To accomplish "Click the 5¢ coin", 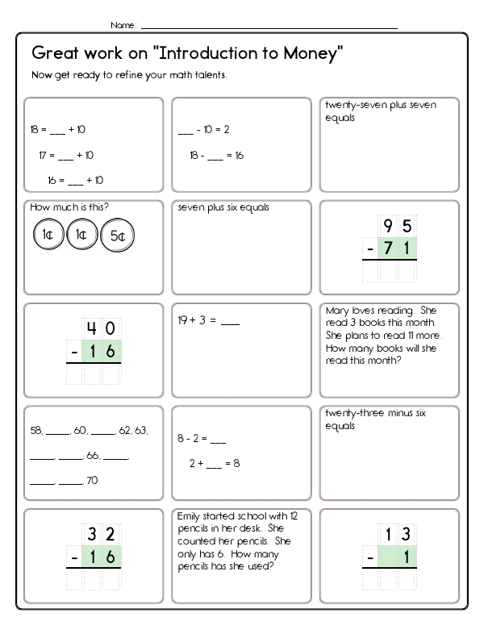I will coord(118,236).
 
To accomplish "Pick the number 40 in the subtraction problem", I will coord(101,329).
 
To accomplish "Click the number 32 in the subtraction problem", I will coord(101,534).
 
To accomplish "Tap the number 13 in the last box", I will coord(398,534).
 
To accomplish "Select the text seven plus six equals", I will coord(223,208).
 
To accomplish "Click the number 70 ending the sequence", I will coord(92,482).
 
